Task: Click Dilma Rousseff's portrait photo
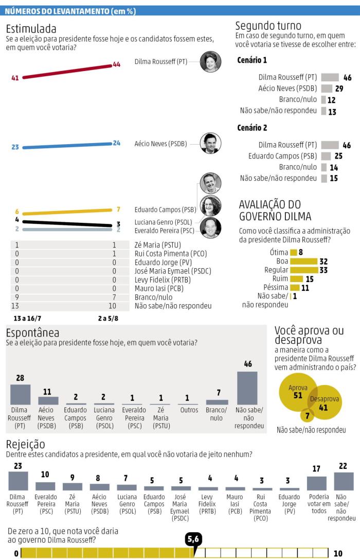[210, 62]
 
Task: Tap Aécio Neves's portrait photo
[210, 144]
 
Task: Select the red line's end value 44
[116, 64]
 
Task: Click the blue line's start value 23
[15, 147]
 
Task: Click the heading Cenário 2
[252, 128]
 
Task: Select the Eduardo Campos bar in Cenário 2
[326, 156]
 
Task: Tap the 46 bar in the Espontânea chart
[247, 388]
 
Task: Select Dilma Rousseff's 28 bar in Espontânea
[20, 394]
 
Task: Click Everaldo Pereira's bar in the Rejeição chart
[45, 486]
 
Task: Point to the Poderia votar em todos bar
[317, 483]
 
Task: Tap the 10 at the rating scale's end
[338, 554]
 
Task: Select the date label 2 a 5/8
[107, 319]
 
